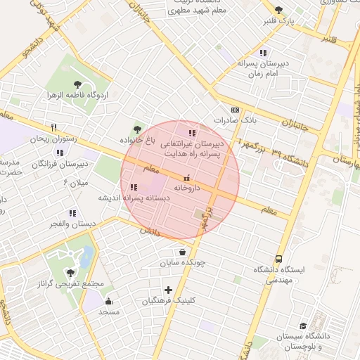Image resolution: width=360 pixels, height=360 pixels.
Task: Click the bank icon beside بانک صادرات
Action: pos(234,110)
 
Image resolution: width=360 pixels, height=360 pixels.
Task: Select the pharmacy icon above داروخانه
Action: pos(186,178)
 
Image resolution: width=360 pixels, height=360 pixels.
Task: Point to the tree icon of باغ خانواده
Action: pos(137,129)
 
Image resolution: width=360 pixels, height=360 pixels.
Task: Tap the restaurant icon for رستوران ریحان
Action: pos(53,127)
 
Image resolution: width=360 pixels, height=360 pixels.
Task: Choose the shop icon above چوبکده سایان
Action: pos(183,252)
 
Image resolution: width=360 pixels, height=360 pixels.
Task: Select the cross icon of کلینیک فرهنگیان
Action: pos(168,290)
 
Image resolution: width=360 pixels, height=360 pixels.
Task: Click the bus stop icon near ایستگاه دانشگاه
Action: pos(279,259)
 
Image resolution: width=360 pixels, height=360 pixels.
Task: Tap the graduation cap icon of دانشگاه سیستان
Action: pos(303,326)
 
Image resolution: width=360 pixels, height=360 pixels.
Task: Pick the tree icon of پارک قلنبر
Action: pos(278,10)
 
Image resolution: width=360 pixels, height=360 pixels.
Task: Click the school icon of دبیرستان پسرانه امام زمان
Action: pos(262,52)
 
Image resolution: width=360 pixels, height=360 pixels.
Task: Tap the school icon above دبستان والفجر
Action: pos(71,213)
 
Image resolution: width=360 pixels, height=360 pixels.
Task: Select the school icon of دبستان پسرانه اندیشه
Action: pos(134,187)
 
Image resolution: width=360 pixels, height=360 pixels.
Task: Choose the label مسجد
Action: pos(109,311)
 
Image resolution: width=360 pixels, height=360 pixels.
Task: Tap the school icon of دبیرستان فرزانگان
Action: pos(60,153)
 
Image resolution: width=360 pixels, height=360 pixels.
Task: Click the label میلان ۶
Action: pos(75,183)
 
